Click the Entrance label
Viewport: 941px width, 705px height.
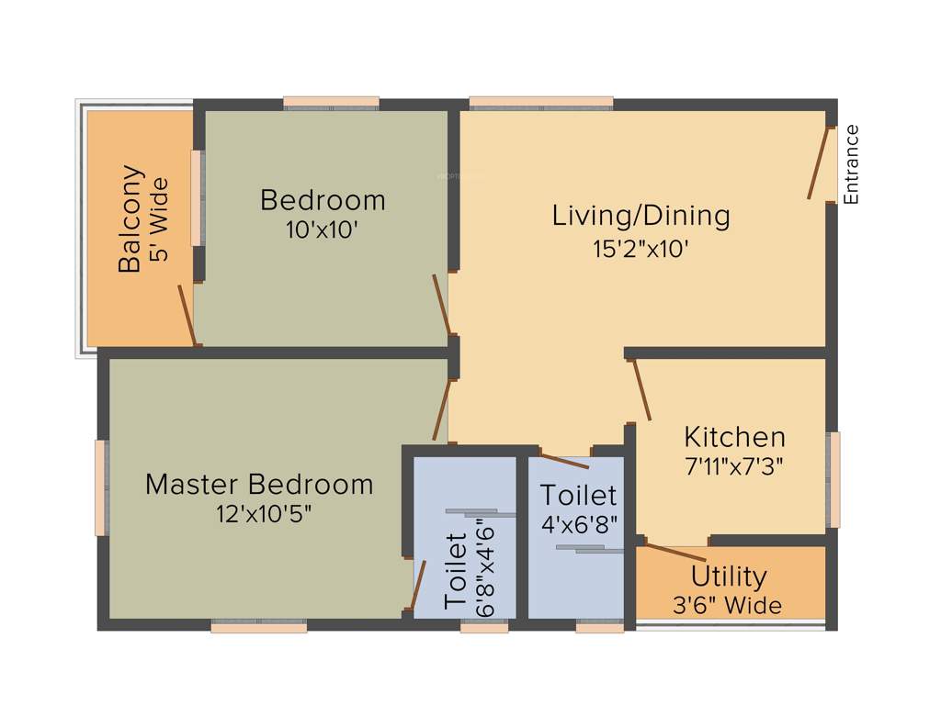[851, 163]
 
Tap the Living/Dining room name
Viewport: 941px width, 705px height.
[641, 216]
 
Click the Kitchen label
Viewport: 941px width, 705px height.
[734, 436]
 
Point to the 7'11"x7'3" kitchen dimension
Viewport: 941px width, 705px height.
[734, 466]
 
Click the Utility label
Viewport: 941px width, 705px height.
[729, 576]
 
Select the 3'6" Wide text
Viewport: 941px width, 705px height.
[727, 606]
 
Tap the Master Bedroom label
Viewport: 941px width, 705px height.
[259, 484]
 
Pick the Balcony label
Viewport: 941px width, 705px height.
[130, 218]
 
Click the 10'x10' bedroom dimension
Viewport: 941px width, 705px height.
[321, 229]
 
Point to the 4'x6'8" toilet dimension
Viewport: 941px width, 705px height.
[578, 524]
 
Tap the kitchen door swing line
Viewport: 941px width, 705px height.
[641, 390]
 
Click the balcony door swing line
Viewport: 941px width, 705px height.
[187, 314]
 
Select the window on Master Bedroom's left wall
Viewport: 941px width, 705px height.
[101, 487]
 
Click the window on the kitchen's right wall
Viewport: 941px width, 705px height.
[833, 480]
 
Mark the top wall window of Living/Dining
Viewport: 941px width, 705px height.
[540, 103]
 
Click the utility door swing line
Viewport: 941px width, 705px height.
[673, 553]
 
